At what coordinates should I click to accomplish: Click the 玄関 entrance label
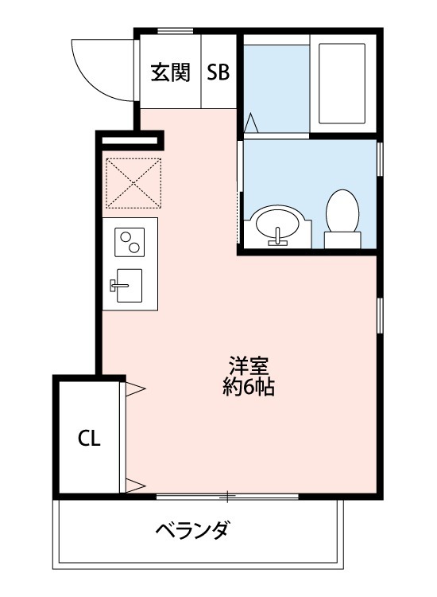click(x=170, y=73)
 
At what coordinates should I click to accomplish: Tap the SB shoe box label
click(x=218, y=73)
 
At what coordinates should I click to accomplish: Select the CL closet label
click(x=88, y=439)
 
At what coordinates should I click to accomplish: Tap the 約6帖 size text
click(x=249, y=388)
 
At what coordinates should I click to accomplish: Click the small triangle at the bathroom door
click(x=251, y=124)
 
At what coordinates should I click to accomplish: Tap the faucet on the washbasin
click(x=277, y=236)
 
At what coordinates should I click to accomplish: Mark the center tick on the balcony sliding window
click(x=228, y=497)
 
